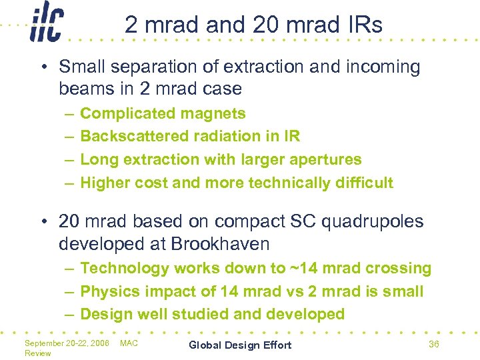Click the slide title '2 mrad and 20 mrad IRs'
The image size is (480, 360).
[253, 25]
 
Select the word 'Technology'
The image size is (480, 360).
[125, 268]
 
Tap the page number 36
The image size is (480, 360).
[433, 344]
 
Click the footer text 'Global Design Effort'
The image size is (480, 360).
[240, 345]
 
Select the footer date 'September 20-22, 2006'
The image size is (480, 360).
[67, 343]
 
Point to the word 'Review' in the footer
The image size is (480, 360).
[37, 353]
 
